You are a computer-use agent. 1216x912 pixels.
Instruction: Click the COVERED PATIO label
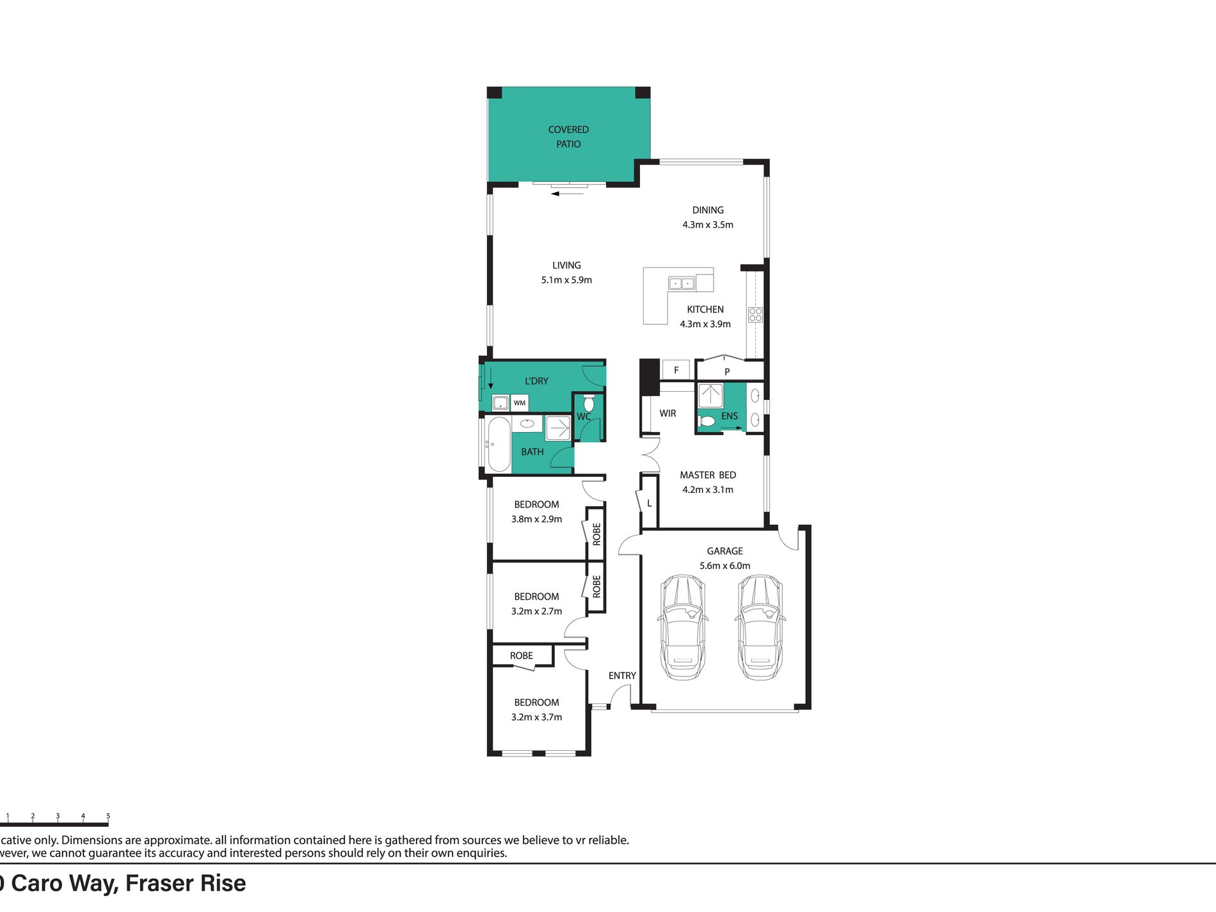(568, 136)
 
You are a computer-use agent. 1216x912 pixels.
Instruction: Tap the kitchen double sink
(681, 283)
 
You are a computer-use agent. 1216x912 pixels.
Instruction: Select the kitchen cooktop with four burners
(755, 314)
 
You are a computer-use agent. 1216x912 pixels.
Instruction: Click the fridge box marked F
(676, 370)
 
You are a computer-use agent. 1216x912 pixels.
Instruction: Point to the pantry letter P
(727, 372)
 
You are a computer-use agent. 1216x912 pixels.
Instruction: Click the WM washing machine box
(520, 403)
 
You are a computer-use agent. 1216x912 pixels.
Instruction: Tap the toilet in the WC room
(589, 403)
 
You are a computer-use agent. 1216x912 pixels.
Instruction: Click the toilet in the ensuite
(706, 421)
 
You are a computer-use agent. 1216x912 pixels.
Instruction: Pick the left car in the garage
(683, 627)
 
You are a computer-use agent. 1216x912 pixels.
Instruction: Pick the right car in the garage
(760, 627)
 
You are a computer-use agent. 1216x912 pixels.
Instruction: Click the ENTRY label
(622, 676)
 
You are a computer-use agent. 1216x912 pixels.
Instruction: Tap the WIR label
(668, 413)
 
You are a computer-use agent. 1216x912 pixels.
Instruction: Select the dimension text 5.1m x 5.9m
(566, 280)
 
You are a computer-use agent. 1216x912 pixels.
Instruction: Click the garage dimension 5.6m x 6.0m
(724, 566)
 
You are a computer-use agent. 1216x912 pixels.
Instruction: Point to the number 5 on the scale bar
(108, 816)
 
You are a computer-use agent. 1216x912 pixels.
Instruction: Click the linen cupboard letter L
(649, 504)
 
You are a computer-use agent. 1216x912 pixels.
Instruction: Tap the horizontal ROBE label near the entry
(522, 655)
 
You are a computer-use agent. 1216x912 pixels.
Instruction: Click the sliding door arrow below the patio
(567, 193)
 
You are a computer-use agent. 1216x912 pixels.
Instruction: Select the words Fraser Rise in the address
(186, 884)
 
